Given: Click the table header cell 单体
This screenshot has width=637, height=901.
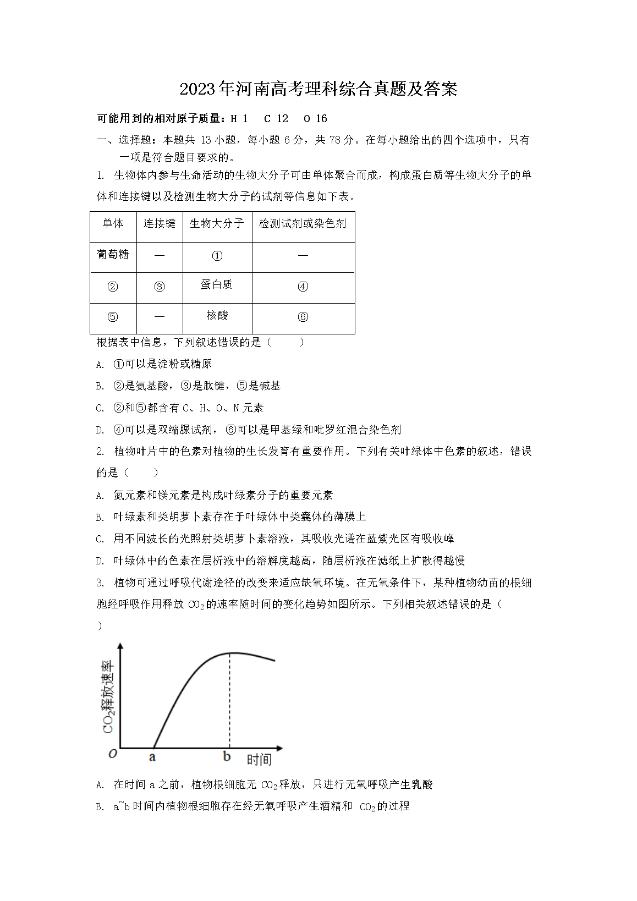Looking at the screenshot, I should [113, 223].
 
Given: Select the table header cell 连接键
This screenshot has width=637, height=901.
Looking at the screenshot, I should [160, 223].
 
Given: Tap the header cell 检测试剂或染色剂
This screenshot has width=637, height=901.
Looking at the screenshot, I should [303, 223].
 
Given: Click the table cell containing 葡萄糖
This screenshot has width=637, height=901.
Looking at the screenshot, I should [113, 254].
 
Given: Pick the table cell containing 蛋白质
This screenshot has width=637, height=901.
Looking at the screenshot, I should [217, 284].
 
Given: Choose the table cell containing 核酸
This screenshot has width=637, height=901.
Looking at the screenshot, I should [217, 316].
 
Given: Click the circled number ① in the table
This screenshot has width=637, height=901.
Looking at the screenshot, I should [217, 256].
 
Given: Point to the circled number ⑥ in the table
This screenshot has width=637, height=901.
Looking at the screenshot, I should [303, 317].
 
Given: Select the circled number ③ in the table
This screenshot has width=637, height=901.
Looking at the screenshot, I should [160, 287].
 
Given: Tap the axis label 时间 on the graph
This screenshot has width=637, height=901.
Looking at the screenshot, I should [259, 760].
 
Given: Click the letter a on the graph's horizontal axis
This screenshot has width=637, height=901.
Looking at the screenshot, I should [152, 757].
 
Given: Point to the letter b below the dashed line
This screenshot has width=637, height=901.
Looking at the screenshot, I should [227, 757].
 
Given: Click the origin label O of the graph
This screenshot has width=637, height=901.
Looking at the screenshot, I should [113, 754].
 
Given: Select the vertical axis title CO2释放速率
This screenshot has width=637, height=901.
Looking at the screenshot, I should [108, 696].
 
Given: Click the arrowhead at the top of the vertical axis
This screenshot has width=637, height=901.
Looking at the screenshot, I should [120, 646].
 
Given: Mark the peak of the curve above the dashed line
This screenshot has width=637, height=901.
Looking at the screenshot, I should [230, 653].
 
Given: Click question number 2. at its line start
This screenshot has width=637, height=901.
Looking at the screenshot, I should [100, 452].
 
